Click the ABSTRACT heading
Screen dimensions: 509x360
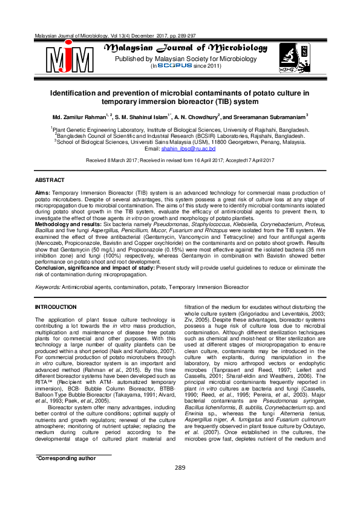pos(50,181)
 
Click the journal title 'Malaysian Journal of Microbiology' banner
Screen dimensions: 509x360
pos(186,48)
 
